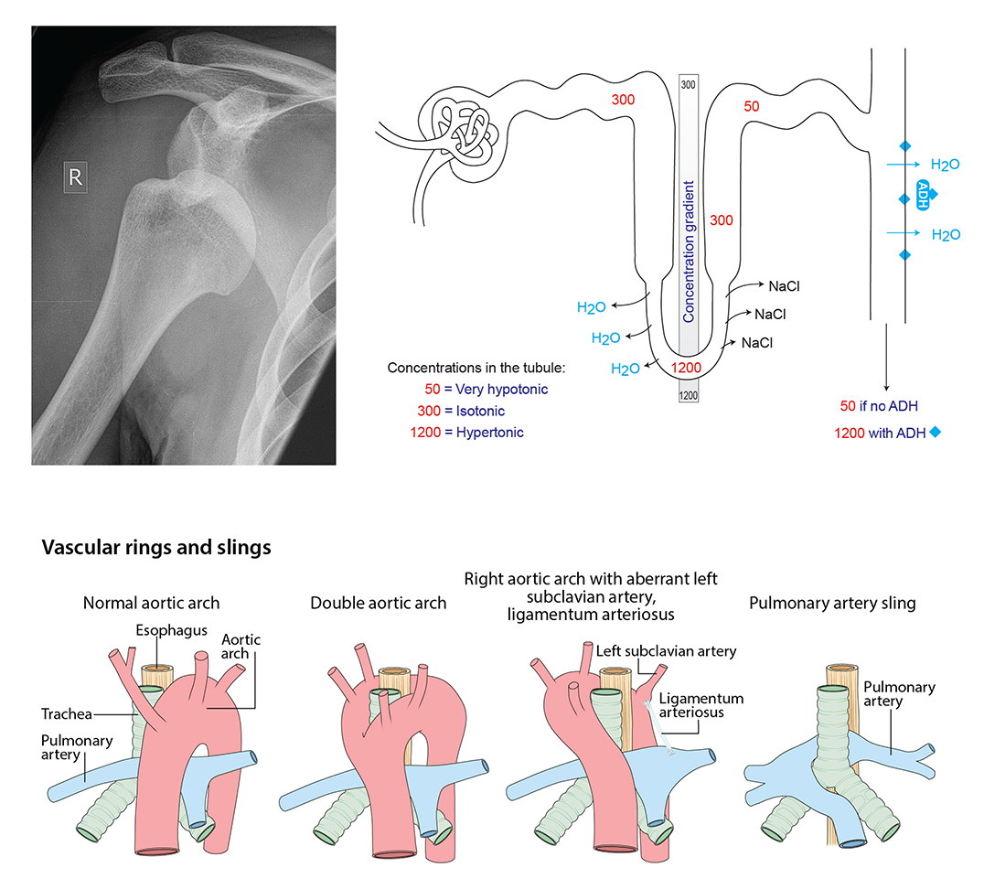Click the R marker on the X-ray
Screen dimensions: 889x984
pos(75,178)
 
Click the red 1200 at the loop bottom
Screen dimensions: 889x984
pos(688,368)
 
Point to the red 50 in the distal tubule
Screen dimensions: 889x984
pos(751,107)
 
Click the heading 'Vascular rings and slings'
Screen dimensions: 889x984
pos(156,548)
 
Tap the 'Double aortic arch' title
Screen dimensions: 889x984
pos(378,603)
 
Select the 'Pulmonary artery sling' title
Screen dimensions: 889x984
pos(831,603)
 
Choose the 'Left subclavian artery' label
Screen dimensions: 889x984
pos(666,651)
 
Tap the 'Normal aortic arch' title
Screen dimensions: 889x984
pos(151,603)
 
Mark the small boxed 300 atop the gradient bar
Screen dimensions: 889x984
pos(689,84)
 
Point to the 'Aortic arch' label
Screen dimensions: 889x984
pos(241,648)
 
